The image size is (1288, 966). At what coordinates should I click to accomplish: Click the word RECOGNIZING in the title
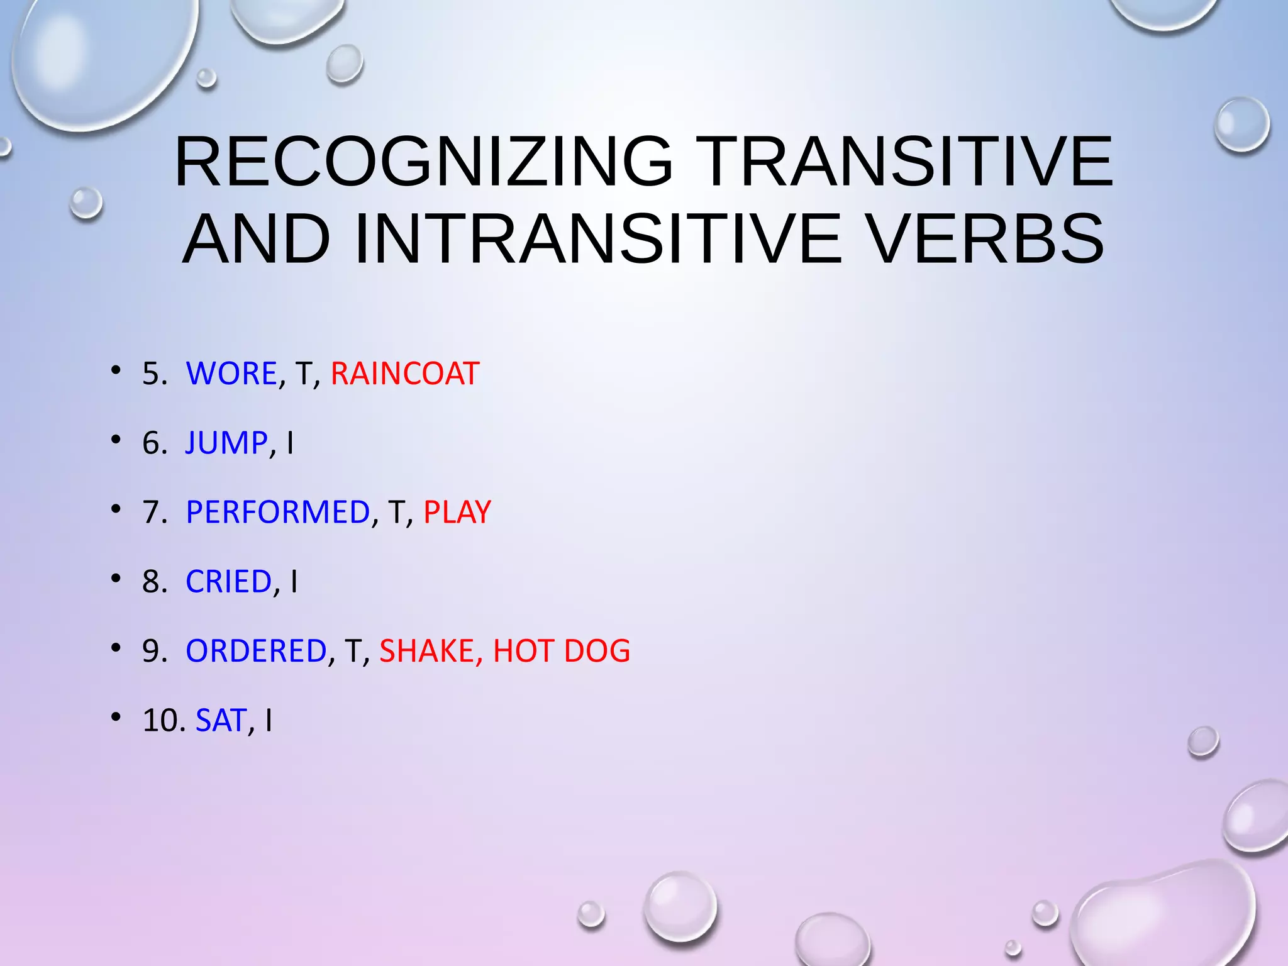[424, 162]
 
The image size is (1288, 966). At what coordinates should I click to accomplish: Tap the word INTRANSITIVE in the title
[598, 240]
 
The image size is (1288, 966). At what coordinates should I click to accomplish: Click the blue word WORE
[231, 374]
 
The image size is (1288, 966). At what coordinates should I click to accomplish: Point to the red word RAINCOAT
[405, 374]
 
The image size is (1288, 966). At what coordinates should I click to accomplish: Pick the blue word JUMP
[226, 443]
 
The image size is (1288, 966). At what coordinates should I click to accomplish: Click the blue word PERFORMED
[278, 512]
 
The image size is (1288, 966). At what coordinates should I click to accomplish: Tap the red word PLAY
[457, 512]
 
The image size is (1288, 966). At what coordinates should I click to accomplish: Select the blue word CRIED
[229, 582]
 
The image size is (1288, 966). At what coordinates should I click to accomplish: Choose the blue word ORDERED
[256, 651]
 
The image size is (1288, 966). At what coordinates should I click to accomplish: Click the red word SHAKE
[427, 651]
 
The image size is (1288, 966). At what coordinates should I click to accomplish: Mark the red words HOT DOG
[562, 651]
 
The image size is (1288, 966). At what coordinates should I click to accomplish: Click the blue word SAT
[221, 721]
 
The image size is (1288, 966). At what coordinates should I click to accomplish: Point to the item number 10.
[161, 721]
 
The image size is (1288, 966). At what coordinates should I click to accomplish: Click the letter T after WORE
[303, 374]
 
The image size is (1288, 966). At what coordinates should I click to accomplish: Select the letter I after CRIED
[294, 582]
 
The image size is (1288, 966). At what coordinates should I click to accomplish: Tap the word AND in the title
[257, 240]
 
